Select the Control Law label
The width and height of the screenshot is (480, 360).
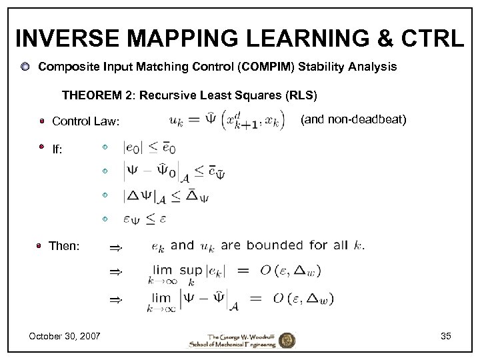coord(86,121)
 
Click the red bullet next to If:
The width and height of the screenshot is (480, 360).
coord(41,147)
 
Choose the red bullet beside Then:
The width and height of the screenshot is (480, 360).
coord(41,246)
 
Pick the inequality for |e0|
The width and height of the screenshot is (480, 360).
coord(149,147)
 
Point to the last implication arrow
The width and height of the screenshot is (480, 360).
coord(116,301)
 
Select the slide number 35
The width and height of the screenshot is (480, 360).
coord(445,335)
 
